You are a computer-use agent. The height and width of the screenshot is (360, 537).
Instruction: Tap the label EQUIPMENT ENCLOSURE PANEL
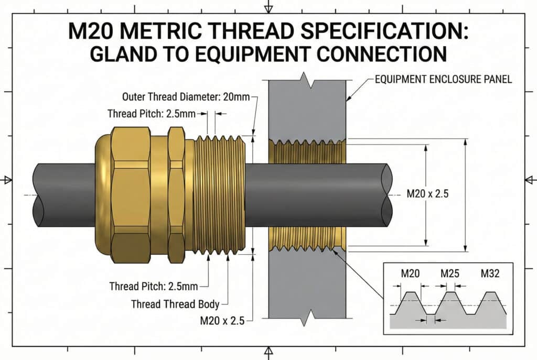[x=443, y=80]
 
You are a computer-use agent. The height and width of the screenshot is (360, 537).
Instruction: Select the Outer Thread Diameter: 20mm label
[x=186, y=97]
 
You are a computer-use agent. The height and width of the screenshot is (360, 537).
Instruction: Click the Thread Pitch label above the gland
[x=152, y=114]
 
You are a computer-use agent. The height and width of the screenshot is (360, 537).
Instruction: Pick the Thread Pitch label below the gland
[x=154, y=286]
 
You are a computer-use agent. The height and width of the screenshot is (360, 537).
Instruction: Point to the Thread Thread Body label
[x=175, y=304]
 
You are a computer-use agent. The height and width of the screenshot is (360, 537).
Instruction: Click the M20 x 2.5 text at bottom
[x=222, y=321]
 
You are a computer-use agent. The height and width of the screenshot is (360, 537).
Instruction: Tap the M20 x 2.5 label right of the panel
[x=427, y=194]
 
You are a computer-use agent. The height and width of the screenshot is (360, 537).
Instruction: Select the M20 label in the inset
[x=410, y=274]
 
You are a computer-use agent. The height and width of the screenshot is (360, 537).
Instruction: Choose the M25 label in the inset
[x=449, y=274]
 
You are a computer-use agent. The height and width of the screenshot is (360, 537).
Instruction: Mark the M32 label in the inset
[x=490, y=274]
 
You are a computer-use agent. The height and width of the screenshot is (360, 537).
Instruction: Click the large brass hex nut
[x=131, y=195]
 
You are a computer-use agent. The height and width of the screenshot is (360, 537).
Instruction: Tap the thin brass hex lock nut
[x=176, y=195]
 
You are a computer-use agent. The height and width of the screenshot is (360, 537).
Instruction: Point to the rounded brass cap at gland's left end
[x=103, y=195]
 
